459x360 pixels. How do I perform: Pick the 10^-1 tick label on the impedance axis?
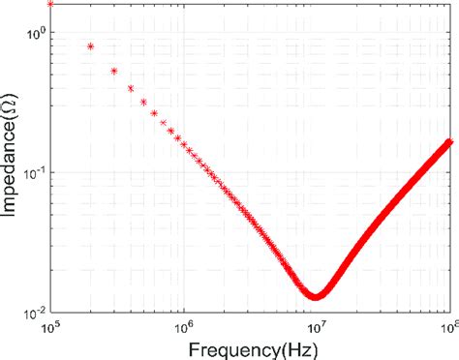(x=33, y=172)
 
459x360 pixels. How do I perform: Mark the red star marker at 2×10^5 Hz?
(x=91, y=45)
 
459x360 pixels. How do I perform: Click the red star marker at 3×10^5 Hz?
(x=114, y=71)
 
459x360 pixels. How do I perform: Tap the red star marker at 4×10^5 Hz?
(x=131, y=88)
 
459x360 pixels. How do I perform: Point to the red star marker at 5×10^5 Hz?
(x=143, y=103)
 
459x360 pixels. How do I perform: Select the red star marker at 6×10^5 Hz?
(x=154, y=113)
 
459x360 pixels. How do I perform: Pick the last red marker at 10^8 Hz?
(x=448, y=142)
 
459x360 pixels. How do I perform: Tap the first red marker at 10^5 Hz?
(x=51, y=4)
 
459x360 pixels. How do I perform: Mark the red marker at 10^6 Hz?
(x=184, y=145)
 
